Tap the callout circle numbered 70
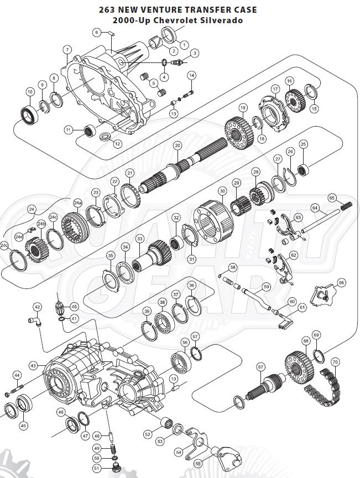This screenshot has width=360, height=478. [x=335, y=363]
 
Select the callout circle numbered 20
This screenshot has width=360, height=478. [x=177, y=146]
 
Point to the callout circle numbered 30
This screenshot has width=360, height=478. [x=222, y=191]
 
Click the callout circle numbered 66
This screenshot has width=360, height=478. [x=342, y=282]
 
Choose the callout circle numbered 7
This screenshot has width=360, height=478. [x=66, y=50]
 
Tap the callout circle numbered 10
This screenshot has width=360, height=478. [x=30, y=92]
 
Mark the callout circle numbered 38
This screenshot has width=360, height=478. [x=162, y=302]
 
